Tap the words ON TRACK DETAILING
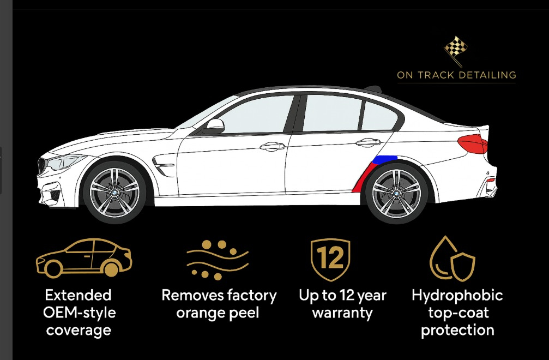click(456, 75)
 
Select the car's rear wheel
click(396, 192)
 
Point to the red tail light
click(472, 145)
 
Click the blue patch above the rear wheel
click(385, 159)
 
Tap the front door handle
click(273, 146)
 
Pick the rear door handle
click(369, 143)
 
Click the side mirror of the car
click(214, 127)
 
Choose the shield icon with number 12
click(330, 259)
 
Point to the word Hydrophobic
click(457, 296)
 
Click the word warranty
click(342, 313)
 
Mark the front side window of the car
click(256, 115)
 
